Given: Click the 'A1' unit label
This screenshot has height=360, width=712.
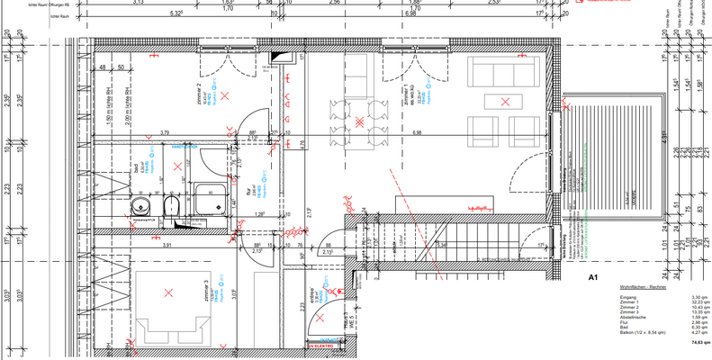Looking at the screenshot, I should pos(593,277).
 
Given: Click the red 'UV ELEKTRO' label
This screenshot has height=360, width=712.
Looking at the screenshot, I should pos(321,345).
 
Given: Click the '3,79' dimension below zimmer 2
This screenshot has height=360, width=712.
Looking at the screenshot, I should pos(165,133).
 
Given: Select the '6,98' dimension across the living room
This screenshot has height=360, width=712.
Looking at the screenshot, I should pos(416,133).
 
